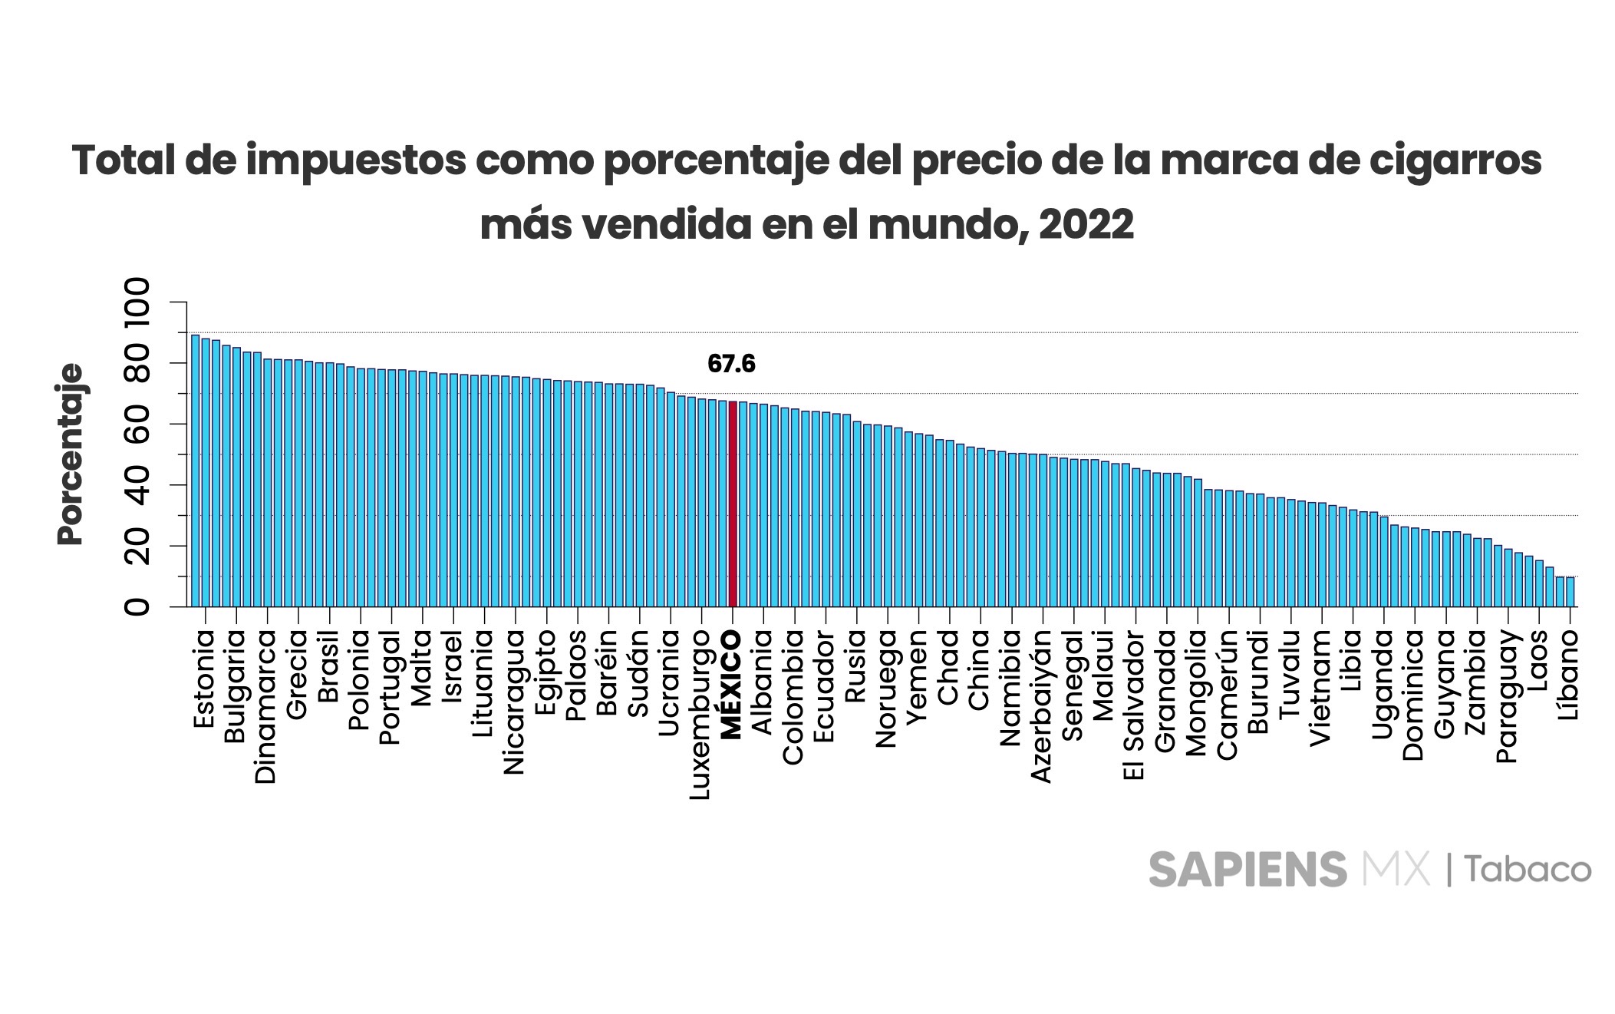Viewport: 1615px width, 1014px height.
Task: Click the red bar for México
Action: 733,504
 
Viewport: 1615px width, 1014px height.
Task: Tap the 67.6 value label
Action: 731,364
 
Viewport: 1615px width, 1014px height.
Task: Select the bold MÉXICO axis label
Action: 732,685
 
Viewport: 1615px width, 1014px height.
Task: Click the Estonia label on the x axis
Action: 204,680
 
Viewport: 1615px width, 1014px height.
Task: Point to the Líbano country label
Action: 1570,674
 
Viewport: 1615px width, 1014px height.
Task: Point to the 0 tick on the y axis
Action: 138,606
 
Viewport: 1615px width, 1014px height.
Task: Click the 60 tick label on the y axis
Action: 138,424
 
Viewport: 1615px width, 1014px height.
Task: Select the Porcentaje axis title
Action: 71,454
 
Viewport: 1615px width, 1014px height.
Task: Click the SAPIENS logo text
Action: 1247,870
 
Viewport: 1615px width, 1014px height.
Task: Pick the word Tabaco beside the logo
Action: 1528,870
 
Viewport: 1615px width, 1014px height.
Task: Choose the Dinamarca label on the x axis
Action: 266,707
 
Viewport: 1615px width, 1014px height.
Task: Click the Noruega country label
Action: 887,689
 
